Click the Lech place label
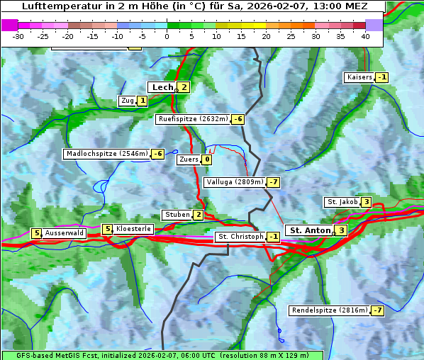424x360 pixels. click(x=162, y=87)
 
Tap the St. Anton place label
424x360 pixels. click(x=309, y=230)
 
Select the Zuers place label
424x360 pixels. click(x=189, y=159)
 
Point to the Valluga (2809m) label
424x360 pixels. click(x=235, y=182)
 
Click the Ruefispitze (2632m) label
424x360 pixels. click(x=193, y=119)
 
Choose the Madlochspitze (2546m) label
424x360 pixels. click(x=106, y=154)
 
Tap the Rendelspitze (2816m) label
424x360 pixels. click(x=330, y=310)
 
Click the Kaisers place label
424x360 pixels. click(x=359, y=77)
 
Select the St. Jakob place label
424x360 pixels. click(x=342, y=202)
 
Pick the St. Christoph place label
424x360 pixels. click(x=240, y=237)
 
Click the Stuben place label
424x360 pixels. click(x=177, y=215)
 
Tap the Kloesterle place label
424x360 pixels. click(x=133, y=229)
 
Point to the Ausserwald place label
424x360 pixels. click(x=65, y=232)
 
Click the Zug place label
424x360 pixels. click(x=128, y=101)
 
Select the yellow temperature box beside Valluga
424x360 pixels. click(x=273, y=182)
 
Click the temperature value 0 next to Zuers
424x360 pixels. click(x=207, y=159)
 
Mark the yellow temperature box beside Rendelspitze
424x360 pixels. click(x=378, y=310)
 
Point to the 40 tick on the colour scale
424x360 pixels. click(x=365, y=36)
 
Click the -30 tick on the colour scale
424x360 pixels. click(x=19, y=36)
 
